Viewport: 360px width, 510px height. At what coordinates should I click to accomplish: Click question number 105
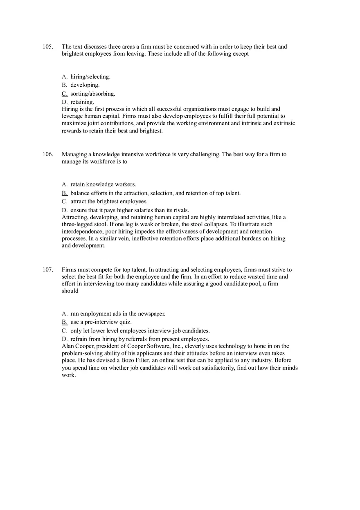(x=47, y=47)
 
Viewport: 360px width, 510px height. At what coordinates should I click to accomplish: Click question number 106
(x=47, y=154)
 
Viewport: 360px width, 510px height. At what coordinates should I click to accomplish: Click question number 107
(x=47, y=270)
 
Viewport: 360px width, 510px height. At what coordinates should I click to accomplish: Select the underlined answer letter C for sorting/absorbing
(x=65, y=94)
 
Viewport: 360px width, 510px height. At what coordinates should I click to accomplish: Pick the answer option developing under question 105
(x=85, y=85)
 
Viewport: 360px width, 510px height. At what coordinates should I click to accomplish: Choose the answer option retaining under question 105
(x=82, y=102)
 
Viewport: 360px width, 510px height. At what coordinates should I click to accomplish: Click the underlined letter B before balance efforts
(x=65, y=193)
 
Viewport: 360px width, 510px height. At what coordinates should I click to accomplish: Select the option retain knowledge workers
(x=103, y=184)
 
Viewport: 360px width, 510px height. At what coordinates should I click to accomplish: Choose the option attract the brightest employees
(x=109, y=201)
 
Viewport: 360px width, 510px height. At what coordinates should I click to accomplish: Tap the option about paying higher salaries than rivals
(x=129, y=210)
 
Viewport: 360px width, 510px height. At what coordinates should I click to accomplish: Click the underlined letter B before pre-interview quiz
(x=65, y=322)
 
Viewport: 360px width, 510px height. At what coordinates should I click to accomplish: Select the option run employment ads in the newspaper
(x=118, y=314)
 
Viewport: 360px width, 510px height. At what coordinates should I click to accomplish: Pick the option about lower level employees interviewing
(x=140, y=330)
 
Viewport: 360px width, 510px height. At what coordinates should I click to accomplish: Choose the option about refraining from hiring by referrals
(x=139, y=339)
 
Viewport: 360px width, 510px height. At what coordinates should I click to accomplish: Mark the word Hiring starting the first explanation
(x=70, y=109)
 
